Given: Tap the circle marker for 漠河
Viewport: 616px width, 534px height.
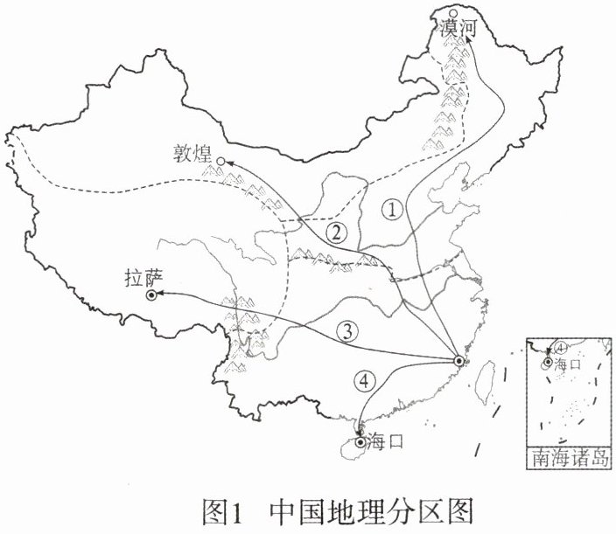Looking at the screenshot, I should point(452,12).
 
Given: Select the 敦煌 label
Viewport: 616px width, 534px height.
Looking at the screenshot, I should point(193,156).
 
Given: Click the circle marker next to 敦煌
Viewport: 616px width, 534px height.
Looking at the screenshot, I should point(221,161).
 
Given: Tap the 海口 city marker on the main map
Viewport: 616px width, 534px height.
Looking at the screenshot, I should point(360,441).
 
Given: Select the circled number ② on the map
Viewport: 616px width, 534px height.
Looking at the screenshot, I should point(334,232).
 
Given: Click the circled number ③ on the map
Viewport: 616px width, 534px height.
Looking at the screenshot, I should point(347,330).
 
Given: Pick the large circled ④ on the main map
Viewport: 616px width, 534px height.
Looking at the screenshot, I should point(364,380).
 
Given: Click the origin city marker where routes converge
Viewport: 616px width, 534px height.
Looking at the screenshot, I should point(459,360).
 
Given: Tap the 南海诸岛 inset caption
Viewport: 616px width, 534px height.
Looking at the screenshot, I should point(568,457).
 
